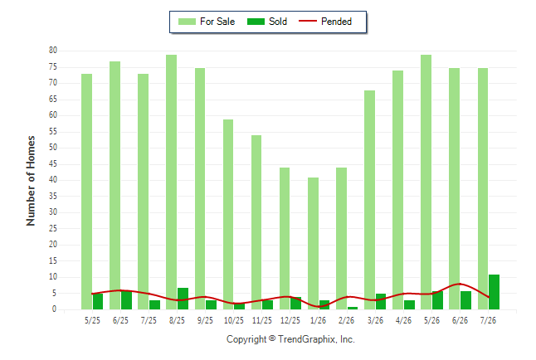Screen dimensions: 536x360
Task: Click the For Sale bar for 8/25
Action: (171, 182)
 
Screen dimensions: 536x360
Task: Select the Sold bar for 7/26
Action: (494, 292)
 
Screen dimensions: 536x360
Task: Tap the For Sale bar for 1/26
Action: (313, 243)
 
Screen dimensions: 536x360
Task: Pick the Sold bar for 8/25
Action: (183, 299)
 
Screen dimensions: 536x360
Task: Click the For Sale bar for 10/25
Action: (228, 214)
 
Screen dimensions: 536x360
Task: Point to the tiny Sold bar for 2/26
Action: (353, 308)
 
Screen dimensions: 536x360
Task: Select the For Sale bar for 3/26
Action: (369, 200)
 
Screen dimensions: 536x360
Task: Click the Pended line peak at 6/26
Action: (460, 284)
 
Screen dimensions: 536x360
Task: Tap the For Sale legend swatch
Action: (187, 22)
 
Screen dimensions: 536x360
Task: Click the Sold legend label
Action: (278, 22)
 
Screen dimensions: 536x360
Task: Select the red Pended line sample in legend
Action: (308, 22)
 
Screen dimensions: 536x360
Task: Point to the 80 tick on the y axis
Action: (53, 51)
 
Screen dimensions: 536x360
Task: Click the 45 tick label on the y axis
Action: (53, 164)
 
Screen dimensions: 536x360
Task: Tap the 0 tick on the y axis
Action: (55, 309)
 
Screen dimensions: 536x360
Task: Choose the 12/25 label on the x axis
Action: (290, 321)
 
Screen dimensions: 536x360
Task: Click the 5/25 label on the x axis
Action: (92, 321)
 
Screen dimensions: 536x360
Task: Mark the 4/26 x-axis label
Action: (403, 321)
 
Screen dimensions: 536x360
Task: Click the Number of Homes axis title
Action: (31, 181)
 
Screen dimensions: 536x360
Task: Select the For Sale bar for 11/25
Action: (256, 222)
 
